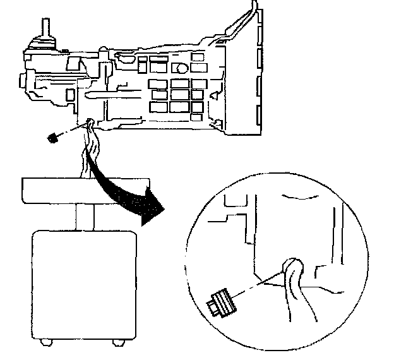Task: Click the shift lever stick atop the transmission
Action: click(46, 29)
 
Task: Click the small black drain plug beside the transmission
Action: click(54, 138)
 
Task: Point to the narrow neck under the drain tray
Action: click(84, 216)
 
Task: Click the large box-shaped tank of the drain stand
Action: click(83, 284)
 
